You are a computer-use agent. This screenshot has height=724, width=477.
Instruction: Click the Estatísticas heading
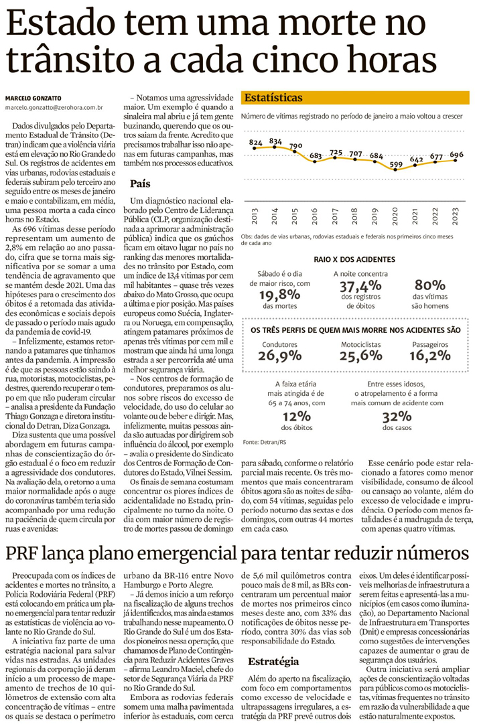[273, 98]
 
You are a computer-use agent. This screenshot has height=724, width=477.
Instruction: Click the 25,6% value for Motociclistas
[358, 356]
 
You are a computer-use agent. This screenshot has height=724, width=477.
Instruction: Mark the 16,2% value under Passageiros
[430, 356]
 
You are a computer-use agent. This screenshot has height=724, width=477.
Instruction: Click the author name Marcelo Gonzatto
[35, 94]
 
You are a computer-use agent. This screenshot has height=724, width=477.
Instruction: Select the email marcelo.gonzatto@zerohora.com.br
[54, 106]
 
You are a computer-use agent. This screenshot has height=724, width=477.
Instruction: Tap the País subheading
[140, 183]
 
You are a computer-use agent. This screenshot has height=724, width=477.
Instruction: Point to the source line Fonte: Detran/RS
[265, 443]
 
